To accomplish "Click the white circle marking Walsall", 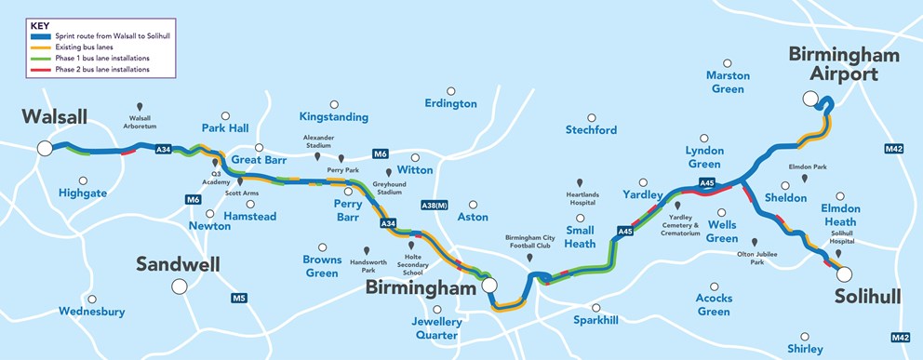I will click(45, 148).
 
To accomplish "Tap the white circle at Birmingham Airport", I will click(811, 99).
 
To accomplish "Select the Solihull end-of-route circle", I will click(842, 273).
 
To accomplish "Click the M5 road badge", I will click(239, 299).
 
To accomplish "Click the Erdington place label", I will click(450, 103).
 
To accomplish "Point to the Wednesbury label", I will click(91, 312).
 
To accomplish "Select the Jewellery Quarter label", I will click(436, 327).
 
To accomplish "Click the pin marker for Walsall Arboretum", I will click(140, 107).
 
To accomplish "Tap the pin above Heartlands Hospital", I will click(581, 182).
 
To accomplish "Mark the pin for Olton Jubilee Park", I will click(755, 241).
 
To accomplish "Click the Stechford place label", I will click(591, 130).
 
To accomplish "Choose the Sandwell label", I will click(178, 264).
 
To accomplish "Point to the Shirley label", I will click(805, 349).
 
